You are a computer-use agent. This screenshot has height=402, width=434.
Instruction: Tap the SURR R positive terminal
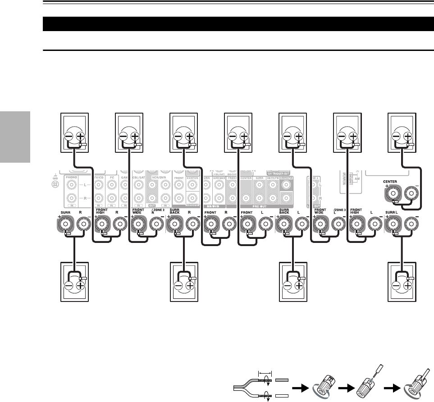pos(66,223)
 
